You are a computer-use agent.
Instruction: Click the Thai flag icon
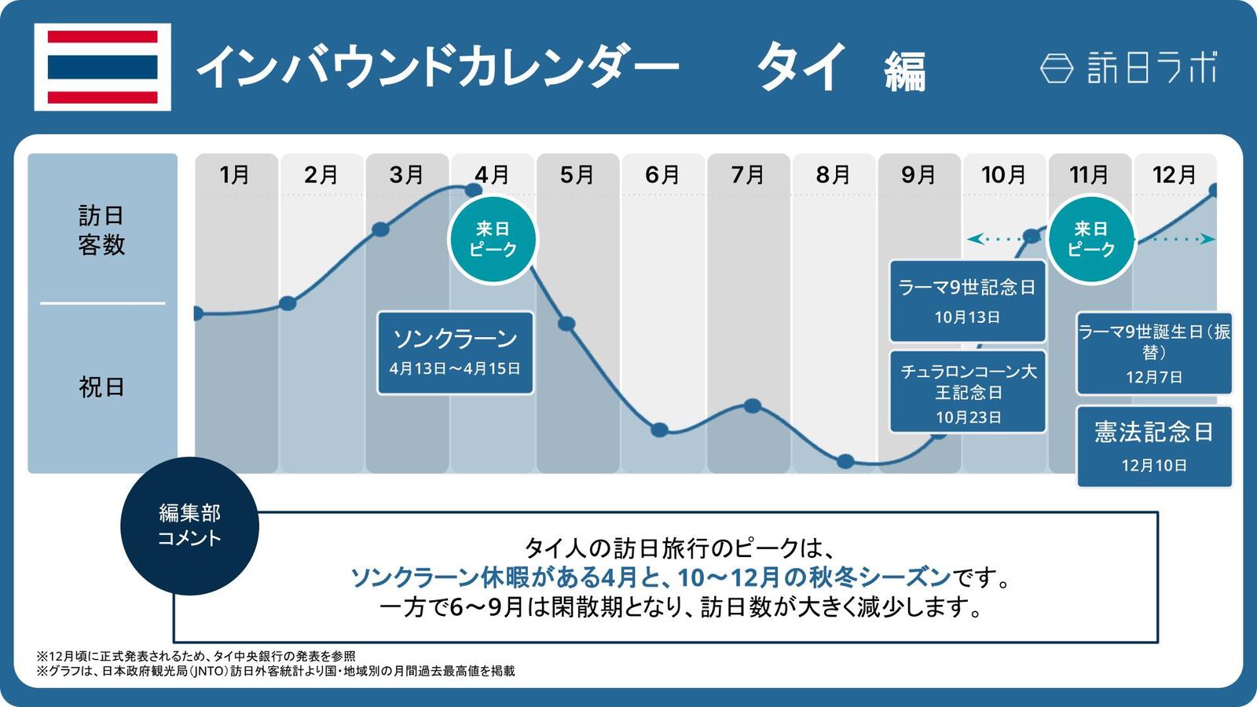point(102,68)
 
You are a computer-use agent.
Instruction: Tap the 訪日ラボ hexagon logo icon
point(1057,68)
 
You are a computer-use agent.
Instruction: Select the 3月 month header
point(406,174)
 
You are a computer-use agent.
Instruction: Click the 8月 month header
point(834,174)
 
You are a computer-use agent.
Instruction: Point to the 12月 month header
point(1174,174)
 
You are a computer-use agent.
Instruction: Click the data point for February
point(288,303)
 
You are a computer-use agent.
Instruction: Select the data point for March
point(380,229)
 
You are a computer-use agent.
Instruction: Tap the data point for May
point(566,324)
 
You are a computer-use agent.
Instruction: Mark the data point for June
point(660,430)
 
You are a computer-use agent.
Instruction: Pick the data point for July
point(752,406)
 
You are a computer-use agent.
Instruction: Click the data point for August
point(845,461)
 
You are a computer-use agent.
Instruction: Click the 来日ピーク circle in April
point(493,240)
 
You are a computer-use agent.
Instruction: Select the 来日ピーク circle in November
point(1090,240)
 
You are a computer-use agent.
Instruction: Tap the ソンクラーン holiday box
point(455,353)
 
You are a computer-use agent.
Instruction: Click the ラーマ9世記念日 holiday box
point(967,301)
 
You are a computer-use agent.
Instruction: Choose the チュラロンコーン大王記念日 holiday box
point(967,392)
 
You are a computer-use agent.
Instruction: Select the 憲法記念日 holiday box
point(1153,446)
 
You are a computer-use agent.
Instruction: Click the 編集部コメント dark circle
point(189,526)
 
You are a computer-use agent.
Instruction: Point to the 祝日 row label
point(101,387)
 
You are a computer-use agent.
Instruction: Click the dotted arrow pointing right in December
point(1178,239)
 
